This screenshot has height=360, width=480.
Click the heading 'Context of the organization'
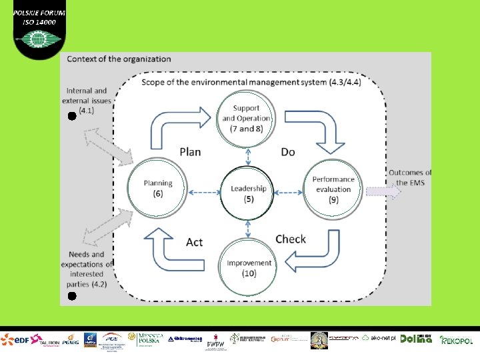(119, 59)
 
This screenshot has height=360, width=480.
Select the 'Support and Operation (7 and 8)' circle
(247, 118)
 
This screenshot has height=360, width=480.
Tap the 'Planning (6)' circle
(158, 188)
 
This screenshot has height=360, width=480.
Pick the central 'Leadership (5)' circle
(248, 193)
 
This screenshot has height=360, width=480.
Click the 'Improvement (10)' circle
(249, 268)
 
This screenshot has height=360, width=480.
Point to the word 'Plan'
(190, 152)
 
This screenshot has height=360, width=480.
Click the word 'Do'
(288, 152)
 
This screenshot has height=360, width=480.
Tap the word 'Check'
(291, 239)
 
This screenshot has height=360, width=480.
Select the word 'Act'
(194, 241)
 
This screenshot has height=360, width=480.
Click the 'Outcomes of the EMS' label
(409, 178)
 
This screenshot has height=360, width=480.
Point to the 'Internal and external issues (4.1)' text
(87, 100)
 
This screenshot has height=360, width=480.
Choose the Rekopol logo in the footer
(457, 339)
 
